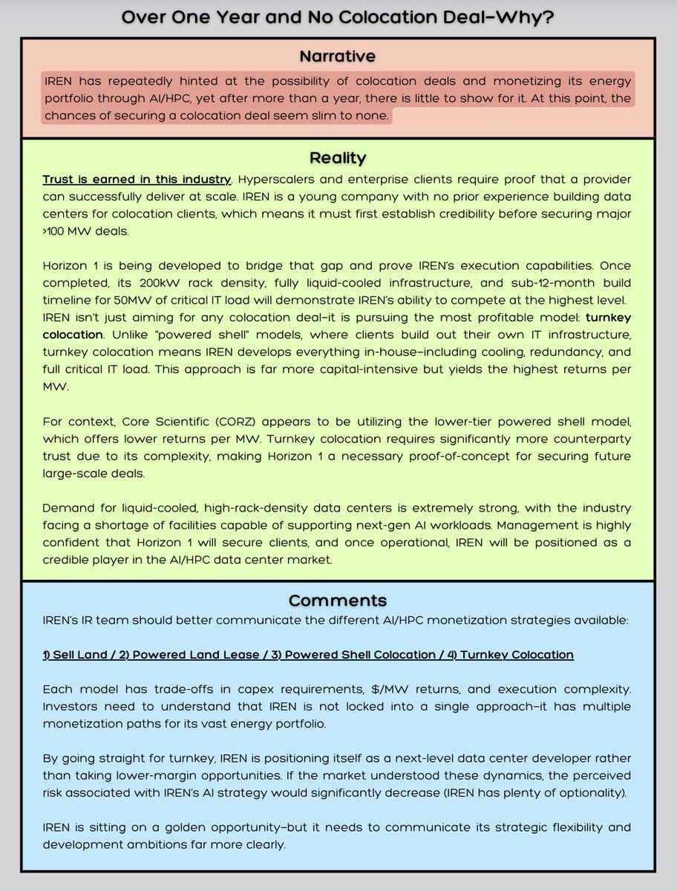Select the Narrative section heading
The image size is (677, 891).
pyautogui.click(x=338, y=56)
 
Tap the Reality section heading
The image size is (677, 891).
pyautogui.click(x=338, y=158)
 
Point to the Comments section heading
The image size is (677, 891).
pyautogui.click(x=338, y=601)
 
